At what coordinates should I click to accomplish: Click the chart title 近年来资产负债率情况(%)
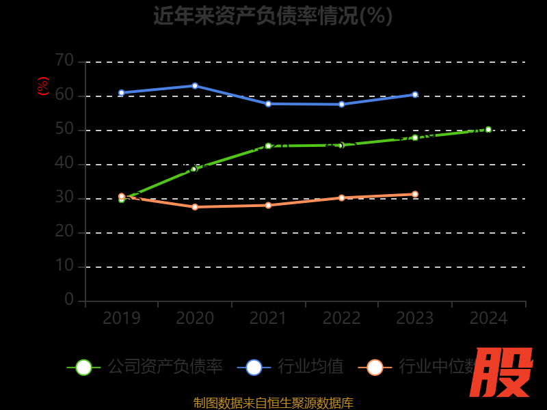click(x=273, y=15)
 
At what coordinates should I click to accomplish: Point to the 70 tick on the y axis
click(x=64, y=61)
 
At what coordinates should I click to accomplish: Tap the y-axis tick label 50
click(x=64, y=129)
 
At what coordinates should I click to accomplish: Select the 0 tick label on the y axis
click(x=69, y=299)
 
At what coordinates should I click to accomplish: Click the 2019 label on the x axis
click(x=122, y=318)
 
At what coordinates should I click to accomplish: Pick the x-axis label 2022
click(x=342, y=318)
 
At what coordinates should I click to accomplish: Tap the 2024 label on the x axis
click(x=489, y=318)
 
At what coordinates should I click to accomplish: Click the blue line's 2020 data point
click(x=195, y=86)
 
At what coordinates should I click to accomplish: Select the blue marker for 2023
click(x=415, y=94)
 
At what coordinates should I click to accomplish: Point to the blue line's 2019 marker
click(x=122, y=93)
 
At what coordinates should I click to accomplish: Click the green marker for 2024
click(x=488, y=129)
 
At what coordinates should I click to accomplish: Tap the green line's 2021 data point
click(x=268, y=146)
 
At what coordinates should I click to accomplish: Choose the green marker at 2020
click(x=194, y=169)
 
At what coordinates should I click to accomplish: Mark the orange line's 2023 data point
click(x=415, y=194)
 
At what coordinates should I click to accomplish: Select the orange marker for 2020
click(x=195, y=207)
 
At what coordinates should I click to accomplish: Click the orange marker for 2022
click(x=342, y=198)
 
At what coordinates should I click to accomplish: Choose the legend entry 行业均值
click(x=291, y=367)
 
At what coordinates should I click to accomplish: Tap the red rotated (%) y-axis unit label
click(x=43, y=87)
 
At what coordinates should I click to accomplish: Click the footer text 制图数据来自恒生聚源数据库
click(x=273, y=403)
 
